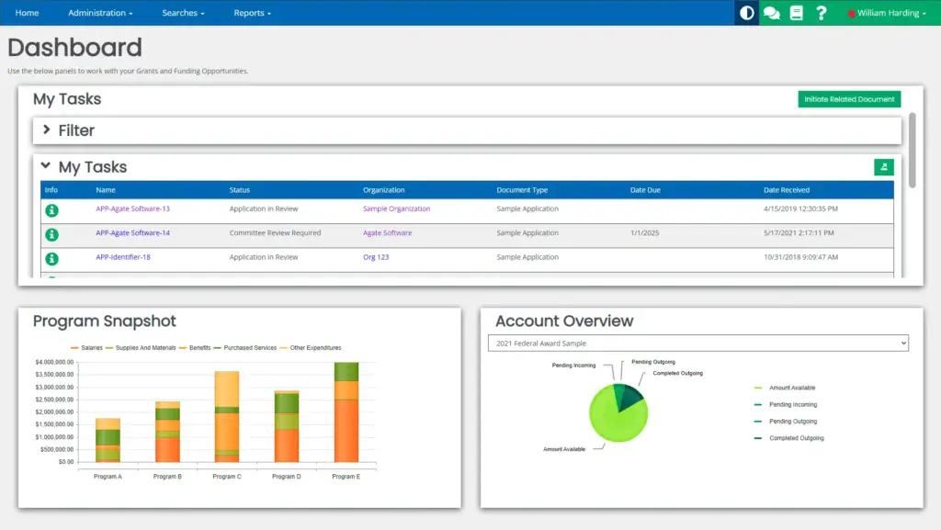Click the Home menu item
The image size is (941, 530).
click(27, 13)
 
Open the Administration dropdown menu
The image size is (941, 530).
click(100, 13)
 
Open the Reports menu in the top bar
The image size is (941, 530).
click(252, 13)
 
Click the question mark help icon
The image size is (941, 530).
click(822, 13)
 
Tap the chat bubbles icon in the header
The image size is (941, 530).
click(772, 13)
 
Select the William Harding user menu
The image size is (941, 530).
click(887, 13)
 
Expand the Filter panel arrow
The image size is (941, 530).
click(47, 130)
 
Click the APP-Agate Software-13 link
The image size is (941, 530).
click(132, 209)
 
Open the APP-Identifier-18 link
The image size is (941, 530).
click(122, 257)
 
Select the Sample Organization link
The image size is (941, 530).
click(396, 209)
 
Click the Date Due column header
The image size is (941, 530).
click(645, 190)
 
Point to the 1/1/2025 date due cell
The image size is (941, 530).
click(645, 233)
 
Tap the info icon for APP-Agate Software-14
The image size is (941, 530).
click(51, 234)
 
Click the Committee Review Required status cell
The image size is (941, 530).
click(275, 233)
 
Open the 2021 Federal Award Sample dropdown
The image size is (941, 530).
click(697, 344)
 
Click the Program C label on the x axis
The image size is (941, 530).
click(226, 477)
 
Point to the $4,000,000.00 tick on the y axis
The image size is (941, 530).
click(54, 363)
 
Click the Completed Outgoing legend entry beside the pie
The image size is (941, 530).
click(796, 438)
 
